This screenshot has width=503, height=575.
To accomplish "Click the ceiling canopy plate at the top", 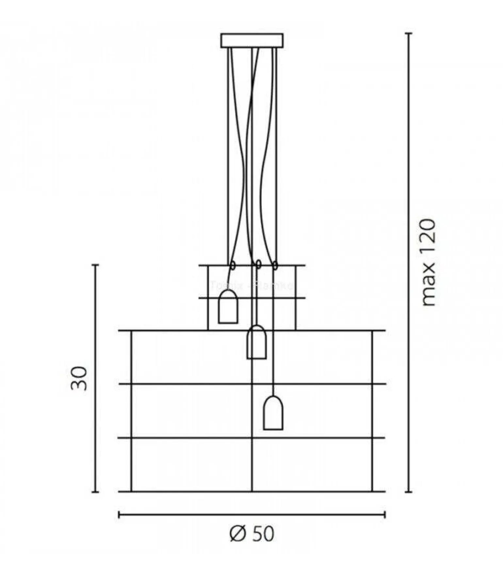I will coord(252,41).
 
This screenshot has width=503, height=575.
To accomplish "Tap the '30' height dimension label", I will coord(79,379).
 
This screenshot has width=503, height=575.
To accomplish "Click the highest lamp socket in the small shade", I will coord(228,307).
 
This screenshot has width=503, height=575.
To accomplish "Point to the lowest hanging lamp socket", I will coord(273,413).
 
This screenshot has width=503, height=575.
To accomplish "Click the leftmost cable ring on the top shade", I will coord(233,265).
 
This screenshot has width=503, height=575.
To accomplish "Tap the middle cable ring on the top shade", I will coord(258,264).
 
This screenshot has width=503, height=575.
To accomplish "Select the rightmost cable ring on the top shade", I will coord(275,265).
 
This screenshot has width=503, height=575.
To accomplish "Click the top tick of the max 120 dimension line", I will coord(408,33).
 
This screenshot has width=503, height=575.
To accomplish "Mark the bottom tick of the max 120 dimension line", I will coord(408,492).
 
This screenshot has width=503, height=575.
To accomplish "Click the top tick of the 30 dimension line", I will coord(95,265).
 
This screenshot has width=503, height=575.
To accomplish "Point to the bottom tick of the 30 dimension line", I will coord(95,492).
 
